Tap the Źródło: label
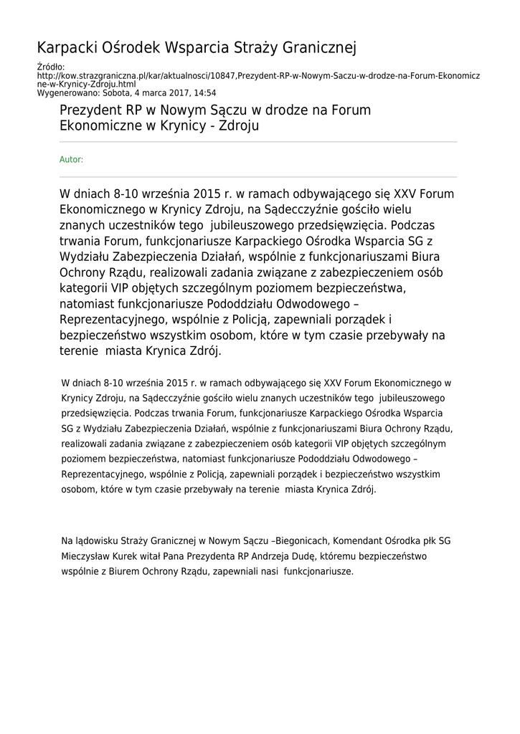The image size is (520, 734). [x=49, y=67]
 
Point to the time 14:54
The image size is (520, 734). [x=204, y=92]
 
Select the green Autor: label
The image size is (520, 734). [x=71, y=160]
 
